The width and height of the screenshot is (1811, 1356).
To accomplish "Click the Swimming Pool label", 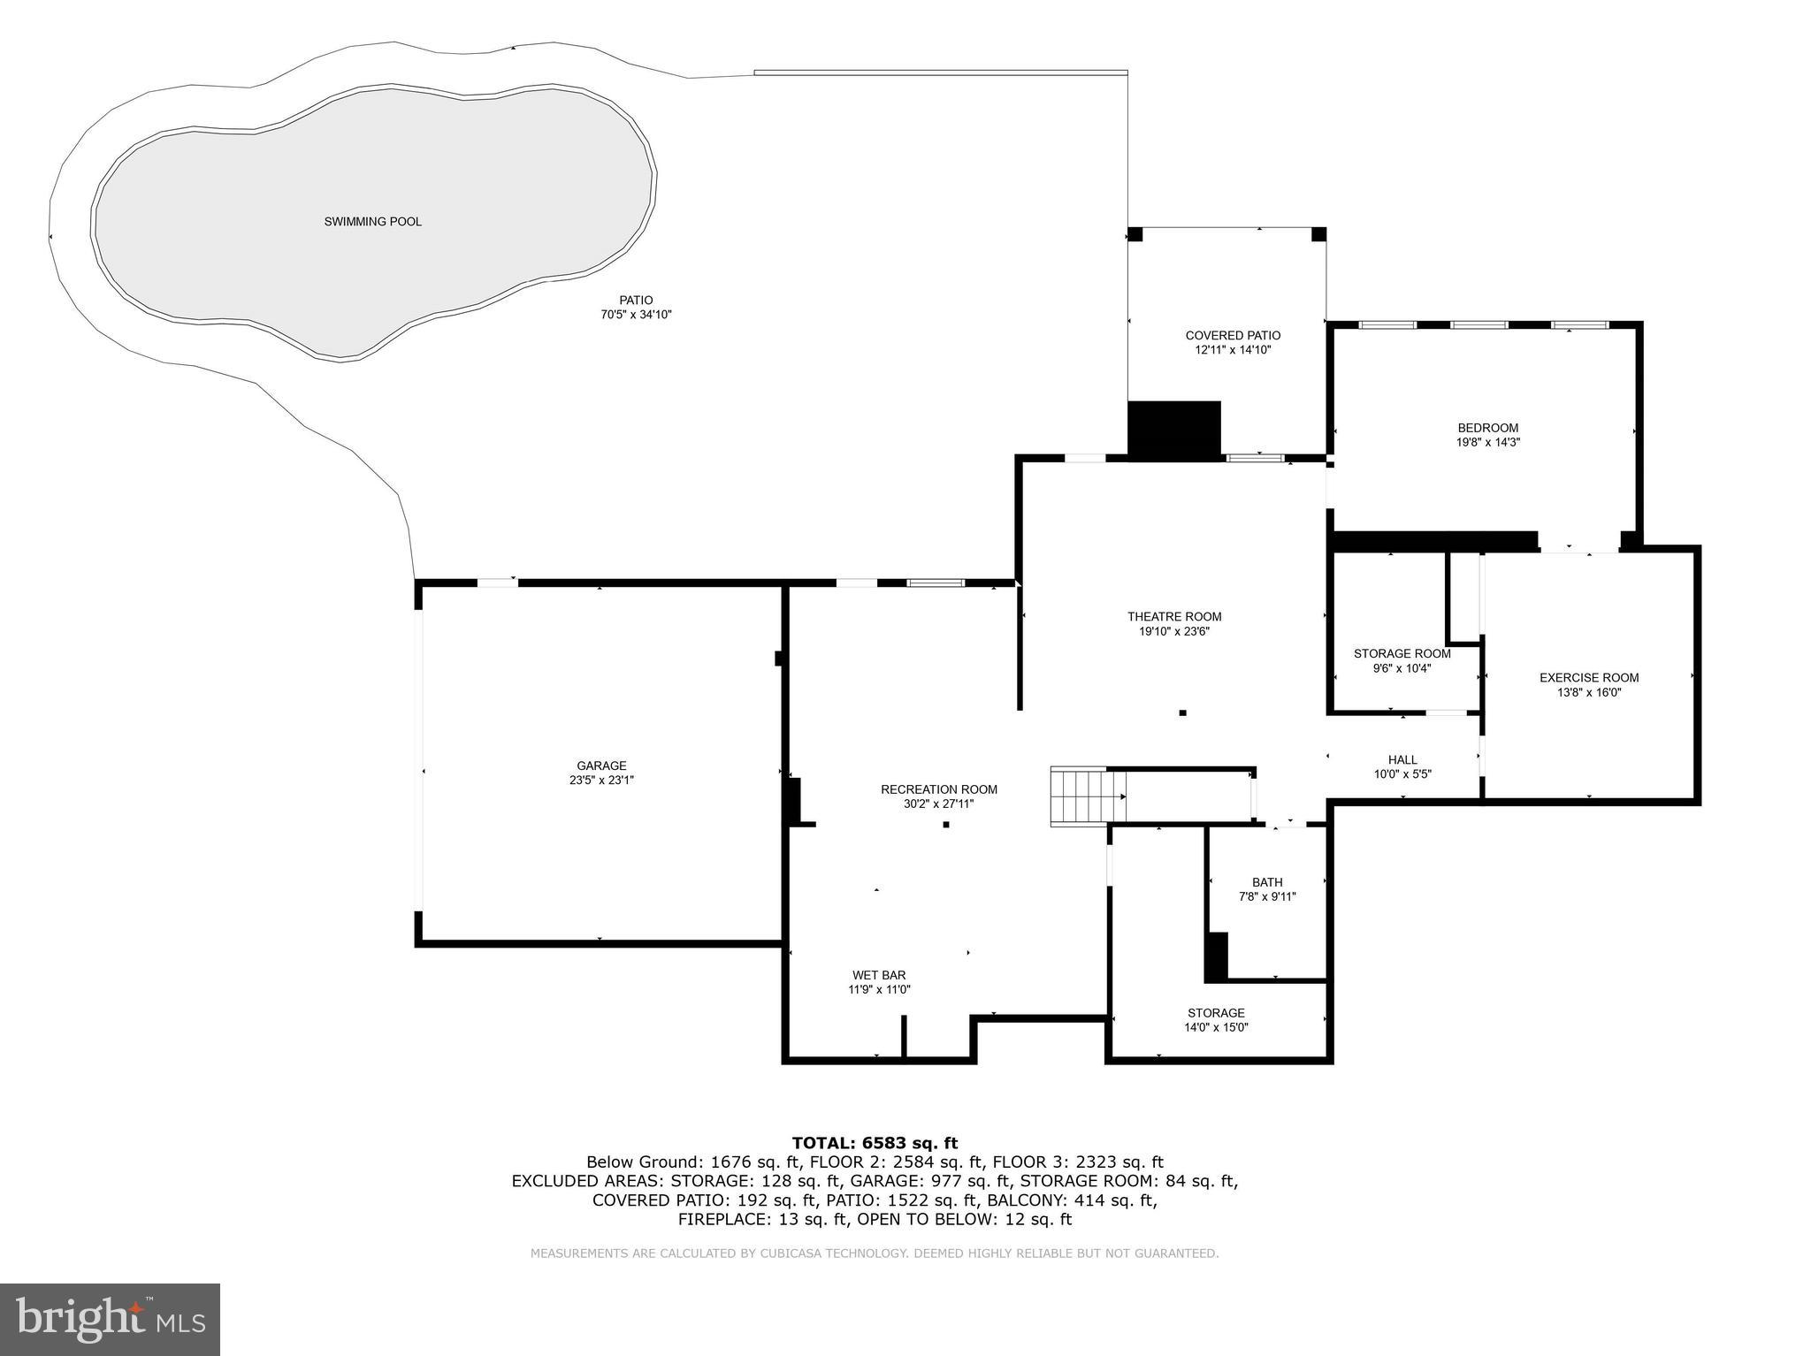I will [x=372, y=222].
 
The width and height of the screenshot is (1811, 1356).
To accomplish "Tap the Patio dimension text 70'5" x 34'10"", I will [x=636, y=315].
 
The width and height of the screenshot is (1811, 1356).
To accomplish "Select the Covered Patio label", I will [x=1233, y=335].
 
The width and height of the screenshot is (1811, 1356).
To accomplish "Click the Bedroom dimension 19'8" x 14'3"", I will [x=1487, y=442].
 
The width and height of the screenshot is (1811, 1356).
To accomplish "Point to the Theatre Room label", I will [x=1174, y=617].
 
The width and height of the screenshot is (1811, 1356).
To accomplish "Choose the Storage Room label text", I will [x=1402, y=654].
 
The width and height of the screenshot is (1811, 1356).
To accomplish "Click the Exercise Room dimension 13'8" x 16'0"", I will [x=1589, y=693].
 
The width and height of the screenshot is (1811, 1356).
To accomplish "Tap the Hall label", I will [x=1402, y=759].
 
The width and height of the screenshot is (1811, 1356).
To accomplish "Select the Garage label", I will [x=601, y=766].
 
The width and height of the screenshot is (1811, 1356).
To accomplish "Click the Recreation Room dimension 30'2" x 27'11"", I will [x=939, y=804].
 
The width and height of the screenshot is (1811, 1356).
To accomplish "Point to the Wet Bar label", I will [x=879, y=975].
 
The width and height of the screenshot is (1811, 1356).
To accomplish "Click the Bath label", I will [x=1266, y=882].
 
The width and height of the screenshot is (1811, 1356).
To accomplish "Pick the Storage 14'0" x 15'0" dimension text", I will [x=1216, y=1027].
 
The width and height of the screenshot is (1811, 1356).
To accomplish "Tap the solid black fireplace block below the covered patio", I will [x=1174, y=430].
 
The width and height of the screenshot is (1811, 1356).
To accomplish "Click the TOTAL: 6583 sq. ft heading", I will [x=875, y=1143].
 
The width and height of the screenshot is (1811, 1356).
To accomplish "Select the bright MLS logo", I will [x=110, y=1319].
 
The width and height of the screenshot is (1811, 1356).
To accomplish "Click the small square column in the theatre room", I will [x=1182, y=712].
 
